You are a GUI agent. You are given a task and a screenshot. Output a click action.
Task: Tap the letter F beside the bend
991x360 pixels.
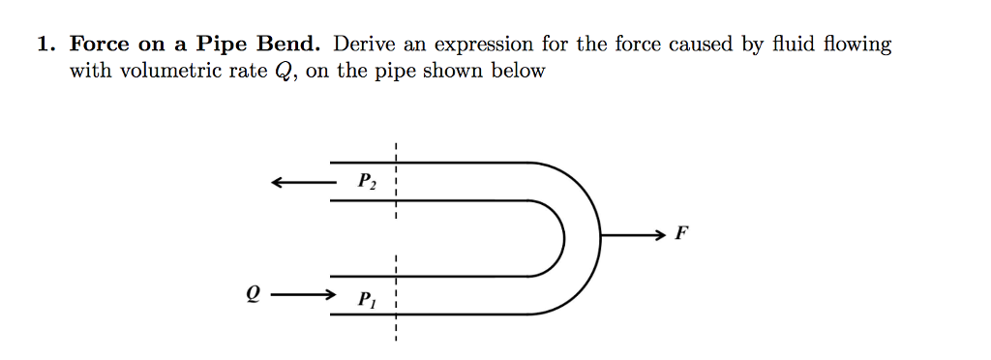[x=681, y=233]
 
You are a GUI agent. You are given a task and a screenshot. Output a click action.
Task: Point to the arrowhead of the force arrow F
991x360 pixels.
[x=660, y=234]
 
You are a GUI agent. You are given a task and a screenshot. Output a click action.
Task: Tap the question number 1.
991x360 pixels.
[x=44, y=45]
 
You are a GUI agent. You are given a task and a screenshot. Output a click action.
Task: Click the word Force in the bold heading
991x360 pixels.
[x=99, y=45]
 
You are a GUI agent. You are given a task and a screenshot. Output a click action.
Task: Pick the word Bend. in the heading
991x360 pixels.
[x=290, y=45]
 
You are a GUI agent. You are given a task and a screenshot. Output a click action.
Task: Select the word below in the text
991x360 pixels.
[x=520, y=71]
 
